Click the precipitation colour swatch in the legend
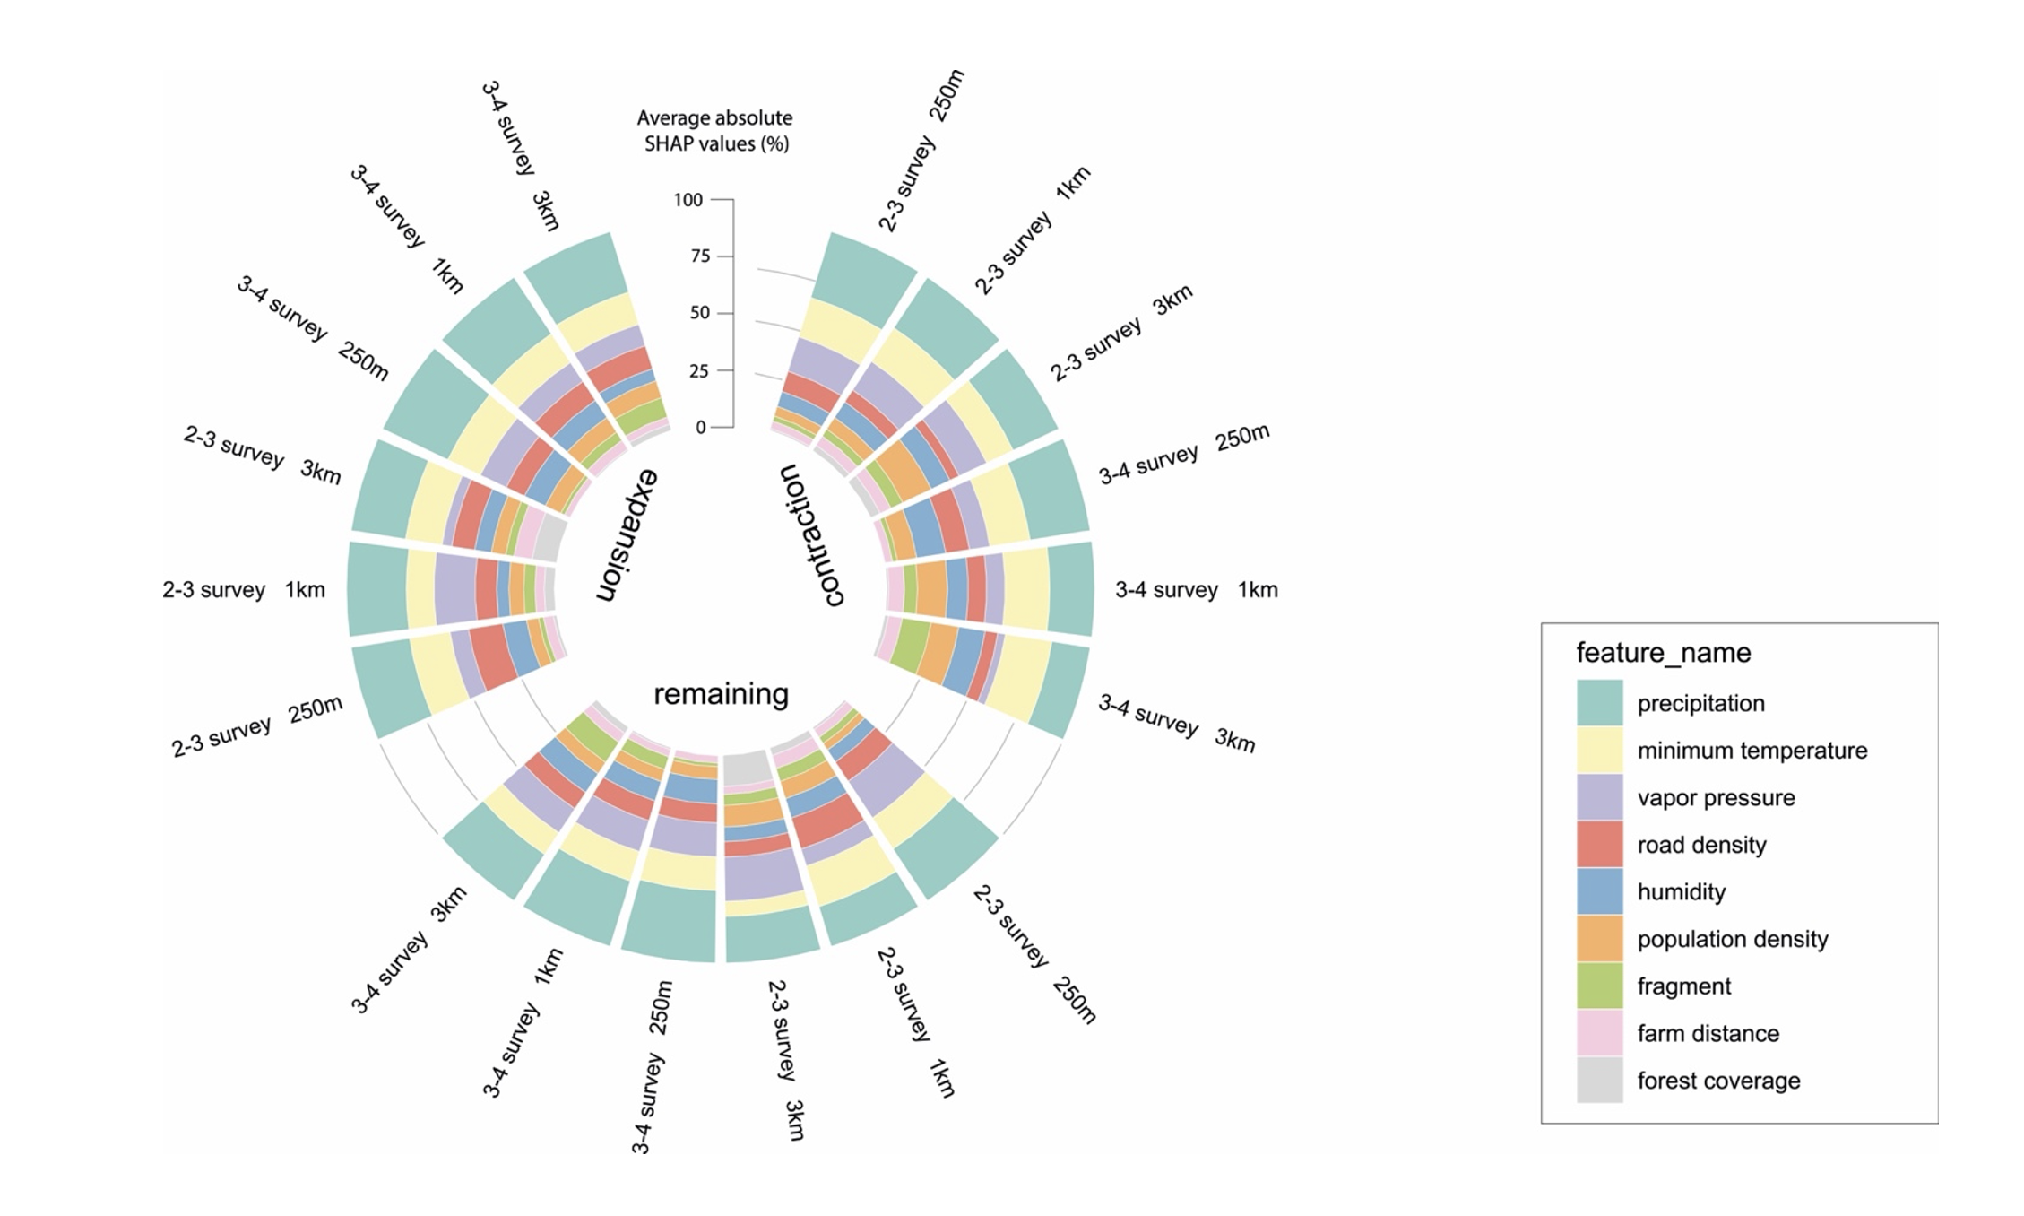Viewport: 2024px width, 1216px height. click(1599, 702)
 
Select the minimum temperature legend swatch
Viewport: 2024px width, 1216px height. click(1599, 750)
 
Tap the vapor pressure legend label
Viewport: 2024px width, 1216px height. click(1716, 797)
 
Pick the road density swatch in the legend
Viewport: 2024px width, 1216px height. click(1599, 844)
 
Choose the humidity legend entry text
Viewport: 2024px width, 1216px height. click(1681, 891)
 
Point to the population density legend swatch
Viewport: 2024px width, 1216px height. click(1599, 939)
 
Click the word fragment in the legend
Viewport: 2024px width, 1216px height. click(1683, 986)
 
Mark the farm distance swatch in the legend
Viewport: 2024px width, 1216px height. click(1599, 1033)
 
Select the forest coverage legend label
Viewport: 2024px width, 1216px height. click(1718, 1081)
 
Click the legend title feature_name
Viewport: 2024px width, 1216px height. click(1663, 652)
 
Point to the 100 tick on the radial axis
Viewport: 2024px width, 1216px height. click(688, 200)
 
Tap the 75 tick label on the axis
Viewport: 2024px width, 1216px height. click(700, 256)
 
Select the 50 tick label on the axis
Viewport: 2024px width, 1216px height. click(700, 313)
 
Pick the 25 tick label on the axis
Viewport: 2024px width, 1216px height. click(699, 370)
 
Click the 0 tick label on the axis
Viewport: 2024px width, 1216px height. click(701, 428)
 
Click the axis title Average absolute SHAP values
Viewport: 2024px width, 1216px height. click(715, 131)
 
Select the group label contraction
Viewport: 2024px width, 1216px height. click(812, 535)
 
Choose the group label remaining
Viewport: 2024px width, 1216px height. click(721, 694)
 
